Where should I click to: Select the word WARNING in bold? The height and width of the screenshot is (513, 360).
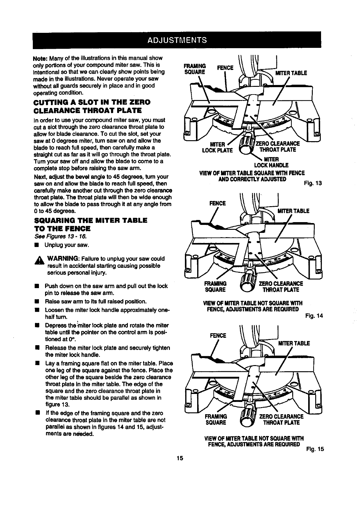coord(63,258)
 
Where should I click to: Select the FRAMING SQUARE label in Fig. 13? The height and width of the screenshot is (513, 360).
coord(194,69)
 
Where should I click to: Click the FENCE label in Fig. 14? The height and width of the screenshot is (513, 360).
coord(217,203)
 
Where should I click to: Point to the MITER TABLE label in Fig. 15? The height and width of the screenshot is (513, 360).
coord(294,343)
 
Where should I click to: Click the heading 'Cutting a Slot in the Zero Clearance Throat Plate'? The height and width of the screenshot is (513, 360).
coord(87,106)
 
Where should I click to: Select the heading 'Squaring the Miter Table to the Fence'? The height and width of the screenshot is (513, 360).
coord(90,224)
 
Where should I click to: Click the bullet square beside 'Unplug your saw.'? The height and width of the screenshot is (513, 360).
coord(36,245)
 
